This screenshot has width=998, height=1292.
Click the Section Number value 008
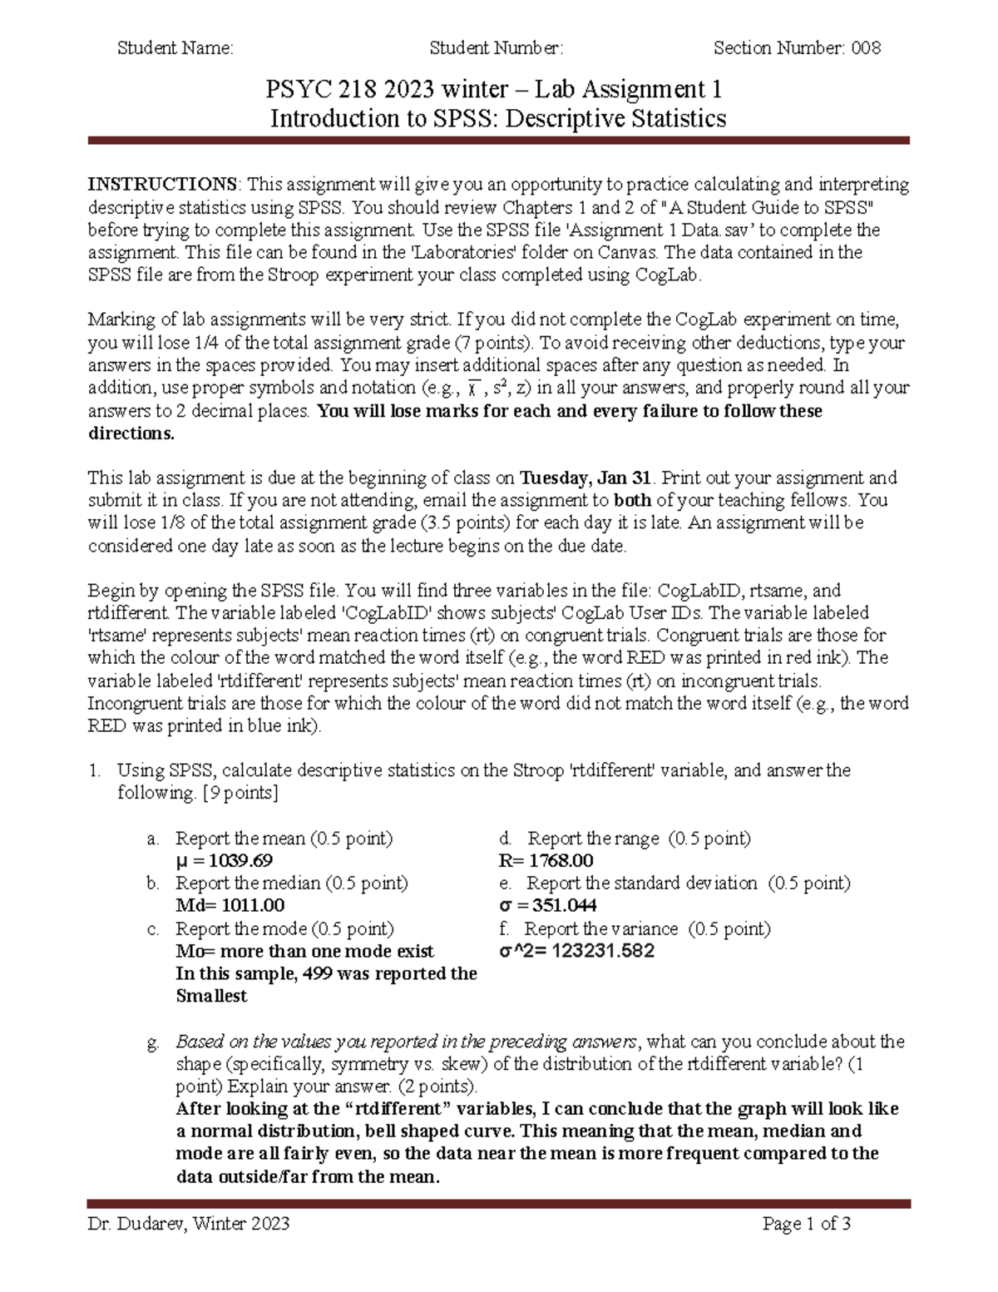click(865, 48)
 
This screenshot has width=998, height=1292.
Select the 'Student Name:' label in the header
click(175, 48)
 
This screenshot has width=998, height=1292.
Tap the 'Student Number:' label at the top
click(496, 48)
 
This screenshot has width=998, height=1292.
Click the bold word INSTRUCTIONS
click(164, 184)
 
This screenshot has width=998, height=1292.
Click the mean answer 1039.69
click(240, 861)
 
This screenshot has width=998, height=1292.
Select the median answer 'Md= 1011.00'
click(230, 906)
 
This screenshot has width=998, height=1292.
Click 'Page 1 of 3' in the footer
click(806, 1224)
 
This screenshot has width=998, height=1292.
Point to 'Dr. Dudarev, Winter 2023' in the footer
click(189, 1224)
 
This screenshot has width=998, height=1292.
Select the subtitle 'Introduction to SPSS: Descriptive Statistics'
click(498, 119)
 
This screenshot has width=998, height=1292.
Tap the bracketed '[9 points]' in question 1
click(240, 793)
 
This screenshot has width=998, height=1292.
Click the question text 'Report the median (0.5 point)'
click(292, 884)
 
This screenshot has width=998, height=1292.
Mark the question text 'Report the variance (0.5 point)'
click(647, 928)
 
